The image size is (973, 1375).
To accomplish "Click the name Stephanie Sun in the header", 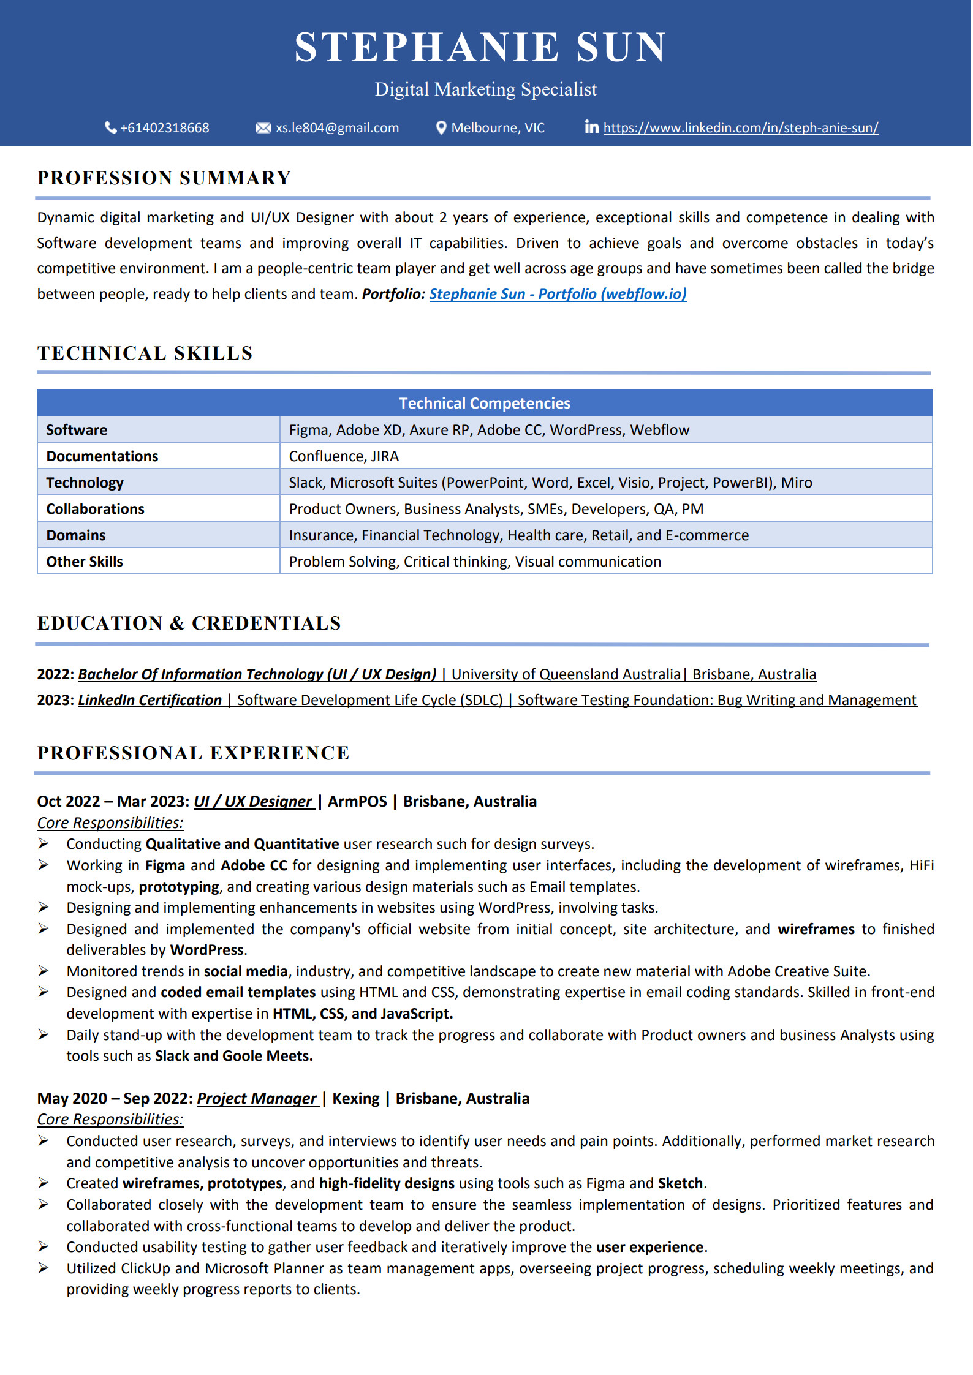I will (480, 47).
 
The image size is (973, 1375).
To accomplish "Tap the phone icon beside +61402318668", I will (111, 127).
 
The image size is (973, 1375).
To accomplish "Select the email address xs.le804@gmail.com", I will (337, 128).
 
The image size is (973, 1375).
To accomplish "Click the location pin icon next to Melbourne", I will (441, 127).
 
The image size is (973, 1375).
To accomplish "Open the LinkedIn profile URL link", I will (740, 128).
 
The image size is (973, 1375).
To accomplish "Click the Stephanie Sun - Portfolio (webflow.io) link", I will (558, 294).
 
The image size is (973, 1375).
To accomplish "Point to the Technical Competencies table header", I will (484, 403).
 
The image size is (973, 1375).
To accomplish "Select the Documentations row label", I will (102, 456).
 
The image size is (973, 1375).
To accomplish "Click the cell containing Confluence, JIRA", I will (344, 456).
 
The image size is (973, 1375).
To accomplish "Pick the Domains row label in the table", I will (76, 535).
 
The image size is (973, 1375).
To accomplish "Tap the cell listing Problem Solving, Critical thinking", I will (475, 562).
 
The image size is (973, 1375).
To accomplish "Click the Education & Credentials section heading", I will (189, 623).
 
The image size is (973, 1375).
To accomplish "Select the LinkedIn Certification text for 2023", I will (150, 700).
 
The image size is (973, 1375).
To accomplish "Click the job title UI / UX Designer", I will (253, 802).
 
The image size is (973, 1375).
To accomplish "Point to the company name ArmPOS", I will (357, 802).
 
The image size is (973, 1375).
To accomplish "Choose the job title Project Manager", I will (257, 1099).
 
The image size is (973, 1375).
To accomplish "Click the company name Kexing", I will (356, 1099).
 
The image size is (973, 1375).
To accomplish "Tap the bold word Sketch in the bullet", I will (680, 1183).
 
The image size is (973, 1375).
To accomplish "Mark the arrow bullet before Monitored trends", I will (44, 971).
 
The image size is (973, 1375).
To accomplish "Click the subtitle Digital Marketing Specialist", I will (485, 89).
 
